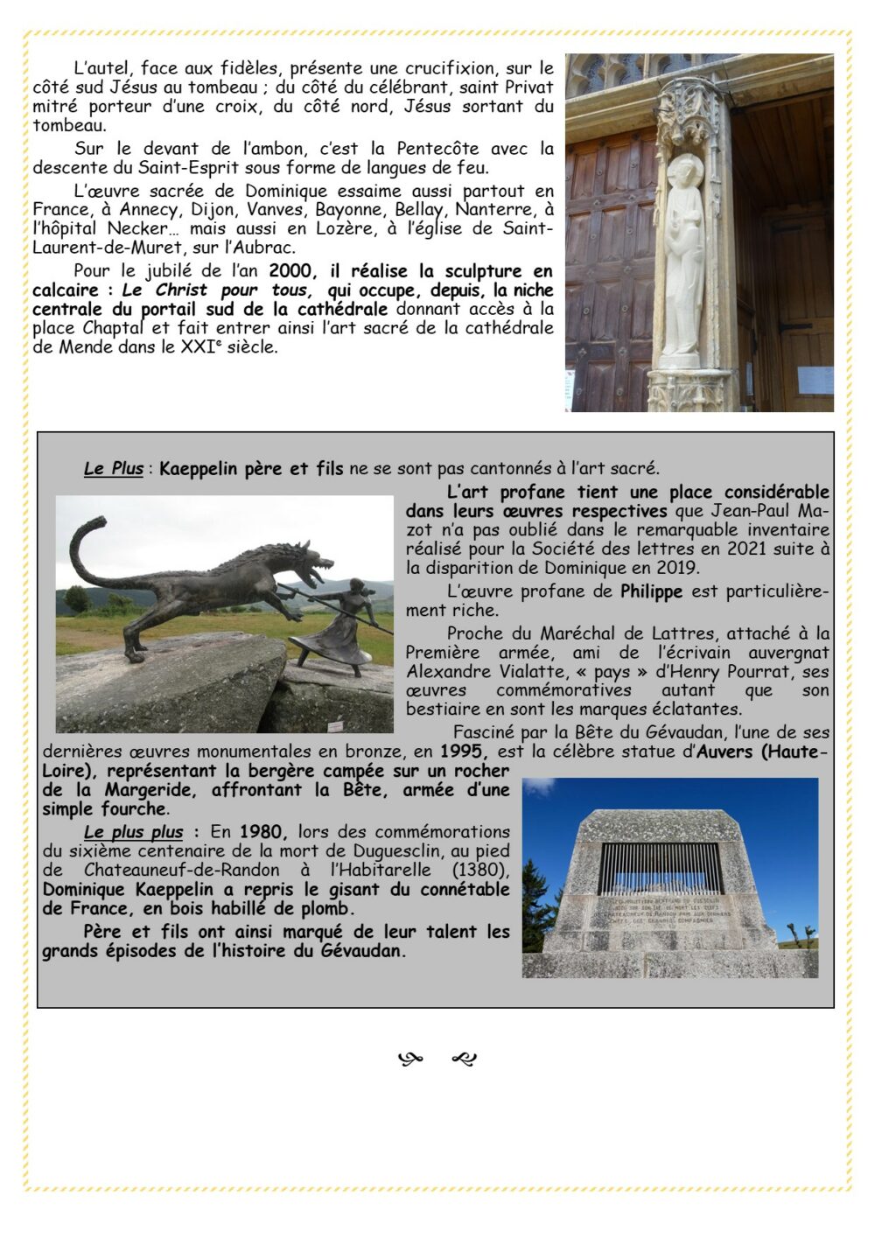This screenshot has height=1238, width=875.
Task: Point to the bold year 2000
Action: point(291,271)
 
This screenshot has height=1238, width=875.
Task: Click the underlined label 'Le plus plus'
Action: point(133,832)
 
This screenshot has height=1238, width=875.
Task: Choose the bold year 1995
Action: point(459,752)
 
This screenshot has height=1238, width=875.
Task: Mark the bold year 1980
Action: point(262,832)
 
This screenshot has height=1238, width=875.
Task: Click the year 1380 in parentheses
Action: point(481,871)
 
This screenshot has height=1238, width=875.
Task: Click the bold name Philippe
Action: point(651,591)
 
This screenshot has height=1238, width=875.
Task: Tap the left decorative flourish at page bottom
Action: point(409,1060)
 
